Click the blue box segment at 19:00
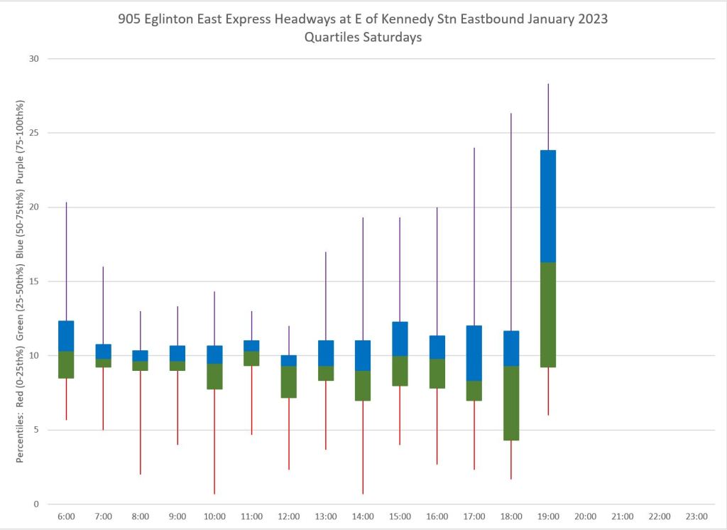click(547, 206)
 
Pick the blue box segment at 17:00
click(474, 353)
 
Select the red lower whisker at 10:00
click(214, 441)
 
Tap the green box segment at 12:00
click(288, 382)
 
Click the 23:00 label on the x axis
click(696, 517)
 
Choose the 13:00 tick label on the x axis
click(326, 517)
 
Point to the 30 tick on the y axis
click(32, 59)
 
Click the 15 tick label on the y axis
click(32, 281)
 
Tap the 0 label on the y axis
click(35, 504)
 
